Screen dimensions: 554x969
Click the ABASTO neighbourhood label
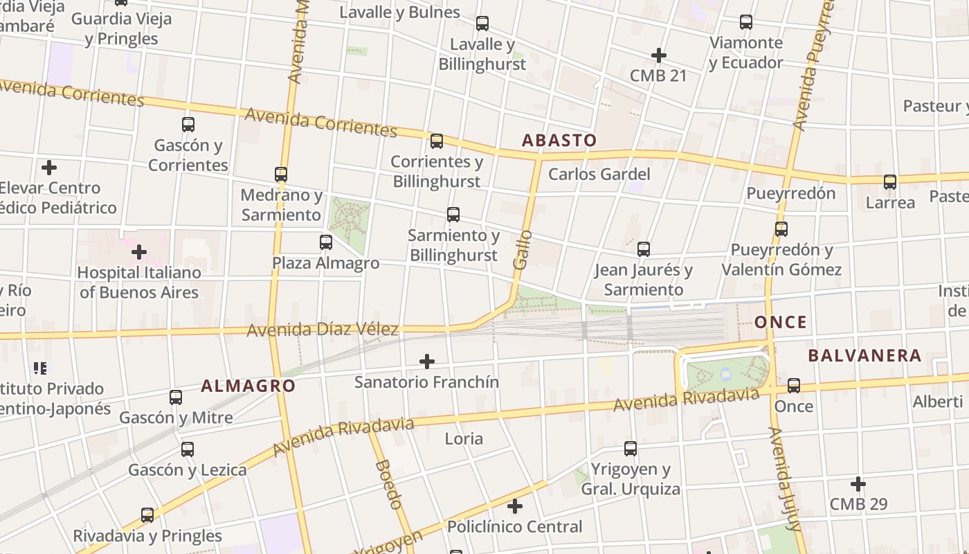click(x=559, y=141)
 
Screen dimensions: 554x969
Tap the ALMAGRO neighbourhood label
click(x=248, y=386)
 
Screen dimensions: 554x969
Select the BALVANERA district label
click(x=864, y=356)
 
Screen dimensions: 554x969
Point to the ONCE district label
click(x=781, y=322)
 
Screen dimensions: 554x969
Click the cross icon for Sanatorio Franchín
click(x=427, y=361)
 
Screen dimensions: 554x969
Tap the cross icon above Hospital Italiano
click(x=139, y=251)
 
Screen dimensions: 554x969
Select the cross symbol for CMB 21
click(x=658, y=55)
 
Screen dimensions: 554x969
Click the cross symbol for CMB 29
click(x=858, y=483)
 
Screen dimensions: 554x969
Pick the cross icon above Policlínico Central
click(x=514, y=506)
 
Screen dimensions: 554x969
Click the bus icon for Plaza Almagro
click(x=326, y=242)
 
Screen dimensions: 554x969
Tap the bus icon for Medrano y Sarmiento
click(x=281, y=174)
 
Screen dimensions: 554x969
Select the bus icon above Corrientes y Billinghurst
click(x=437, y=141)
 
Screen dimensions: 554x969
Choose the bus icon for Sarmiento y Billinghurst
click(x=453, y=215)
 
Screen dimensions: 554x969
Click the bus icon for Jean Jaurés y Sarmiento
click(x=644, y=249)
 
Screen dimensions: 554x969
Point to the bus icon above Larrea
click(x=890, y=182)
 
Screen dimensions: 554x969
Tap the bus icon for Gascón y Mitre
click(x=176, y=397)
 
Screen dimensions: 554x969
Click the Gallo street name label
click(x=523, y=249)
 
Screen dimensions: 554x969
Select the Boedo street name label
click(x=388, y=484)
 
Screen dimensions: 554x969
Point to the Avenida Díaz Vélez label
click(x=323, y=330)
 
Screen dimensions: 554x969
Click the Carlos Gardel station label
click(x=599, y=174)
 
